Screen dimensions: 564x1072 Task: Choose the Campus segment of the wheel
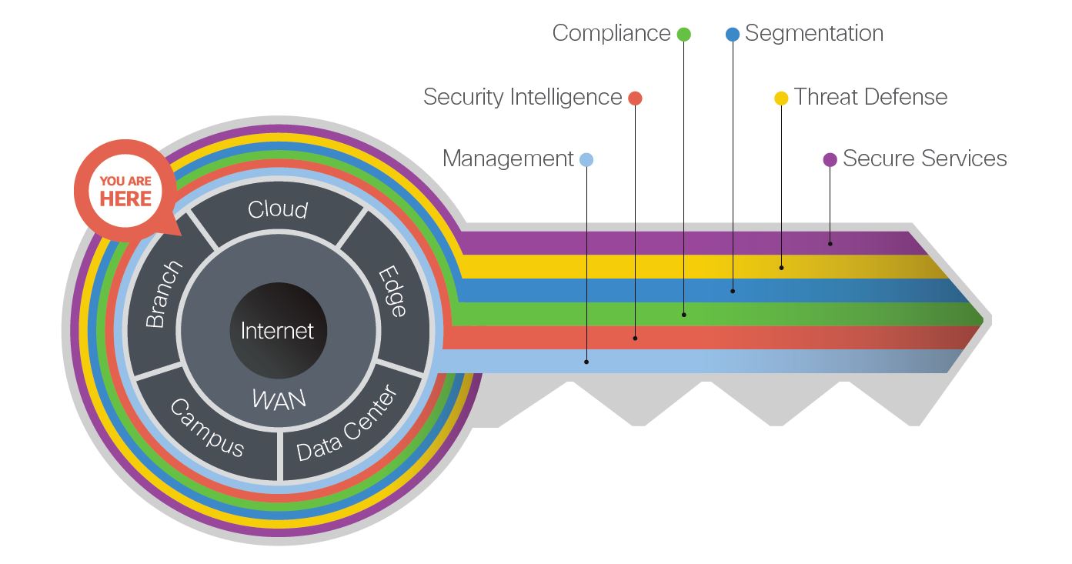click(x=207, y=428)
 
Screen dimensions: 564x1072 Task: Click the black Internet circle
click(x=278, y=331)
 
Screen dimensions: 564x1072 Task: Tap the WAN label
click(x=279, y=399)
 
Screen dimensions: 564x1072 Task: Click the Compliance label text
click(x=611, y=33)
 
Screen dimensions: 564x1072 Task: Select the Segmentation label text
click(x=814, y=33)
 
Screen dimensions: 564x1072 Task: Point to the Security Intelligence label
click(x=523, y=97)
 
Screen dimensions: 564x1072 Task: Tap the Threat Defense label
click(x=870, y=97)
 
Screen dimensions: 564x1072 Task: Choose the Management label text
click(x=508, y=159)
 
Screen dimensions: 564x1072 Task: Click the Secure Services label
click(x=924, y=159)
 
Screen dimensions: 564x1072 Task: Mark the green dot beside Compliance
click(x=683, y=34)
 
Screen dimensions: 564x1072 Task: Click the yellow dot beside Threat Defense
click(x=781, y=98)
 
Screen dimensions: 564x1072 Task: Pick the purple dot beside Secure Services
click(x=830, y=159)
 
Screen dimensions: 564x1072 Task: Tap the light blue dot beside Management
click(x=586, y=159)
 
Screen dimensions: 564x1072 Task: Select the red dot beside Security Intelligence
click(x=635, y=98)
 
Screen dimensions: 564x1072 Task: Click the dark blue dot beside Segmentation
click(x=733, y=34)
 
